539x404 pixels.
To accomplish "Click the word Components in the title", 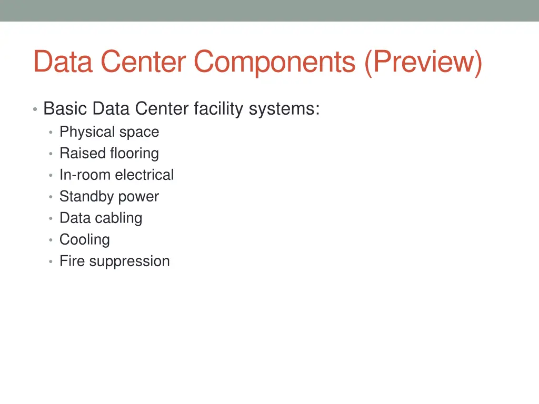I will (274, 62).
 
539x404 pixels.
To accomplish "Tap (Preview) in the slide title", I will (422, 62).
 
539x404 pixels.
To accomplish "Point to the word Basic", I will (65, 109).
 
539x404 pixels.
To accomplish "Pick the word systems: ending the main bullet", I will (284, 109).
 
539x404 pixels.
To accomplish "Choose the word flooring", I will (134, 154).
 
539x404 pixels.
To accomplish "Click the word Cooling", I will (85, 240).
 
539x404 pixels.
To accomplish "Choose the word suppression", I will (129, 261).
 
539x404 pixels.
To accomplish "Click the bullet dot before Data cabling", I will (50, 218).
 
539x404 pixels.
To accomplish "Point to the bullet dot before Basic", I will (34, 109).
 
